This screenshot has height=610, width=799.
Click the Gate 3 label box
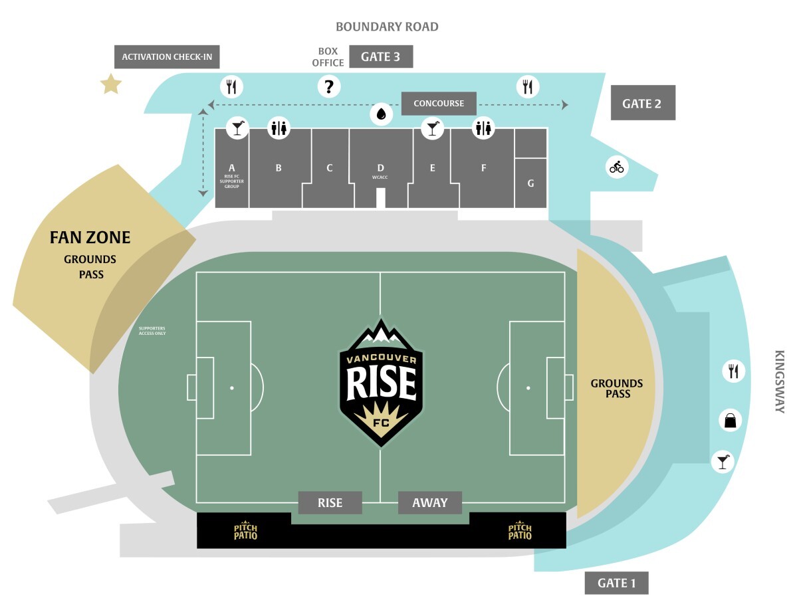[x=381, y=56]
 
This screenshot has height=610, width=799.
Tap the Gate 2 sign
[x=643, y=102]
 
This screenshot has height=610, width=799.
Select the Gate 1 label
[x=616, y=583]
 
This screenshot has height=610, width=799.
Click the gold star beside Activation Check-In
[x=110, y=84]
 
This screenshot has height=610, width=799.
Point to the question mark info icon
[x=328, y=86]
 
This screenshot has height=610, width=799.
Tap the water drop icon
[x=381, y=114]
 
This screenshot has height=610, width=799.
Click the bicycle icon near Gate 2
[x=616, y=167]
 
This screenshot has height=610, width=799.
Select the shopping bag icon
[x=730, y=421]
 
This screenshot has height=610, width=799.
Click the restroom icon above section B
[x=279, y=128]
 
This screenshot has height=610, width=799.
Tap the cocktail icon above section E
[x=432, y=128]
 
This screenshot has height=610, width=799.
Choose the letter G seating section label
[x=530, y=183]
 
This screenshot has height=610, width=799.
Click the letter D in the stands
[x=380, y=167]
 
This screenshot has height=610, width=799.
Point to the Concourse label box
[x=439, y=103]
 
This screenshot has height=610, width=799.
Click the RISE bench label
[x=330, y=502]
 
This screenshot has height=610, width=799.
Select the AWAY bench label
[x=430, y=502]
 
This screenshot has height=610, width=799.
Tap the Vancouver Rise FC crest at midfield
[x=381, y=382]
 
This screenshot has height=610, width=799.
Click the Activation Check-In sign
[x=167, y=56]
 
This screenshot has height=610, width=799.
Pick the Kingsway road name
[x=779, y=381]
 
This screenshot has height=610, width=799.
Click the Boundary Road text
[x=387, y=27]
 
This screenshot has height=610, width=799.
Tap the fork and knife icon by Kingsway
[x=733, y=371]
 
